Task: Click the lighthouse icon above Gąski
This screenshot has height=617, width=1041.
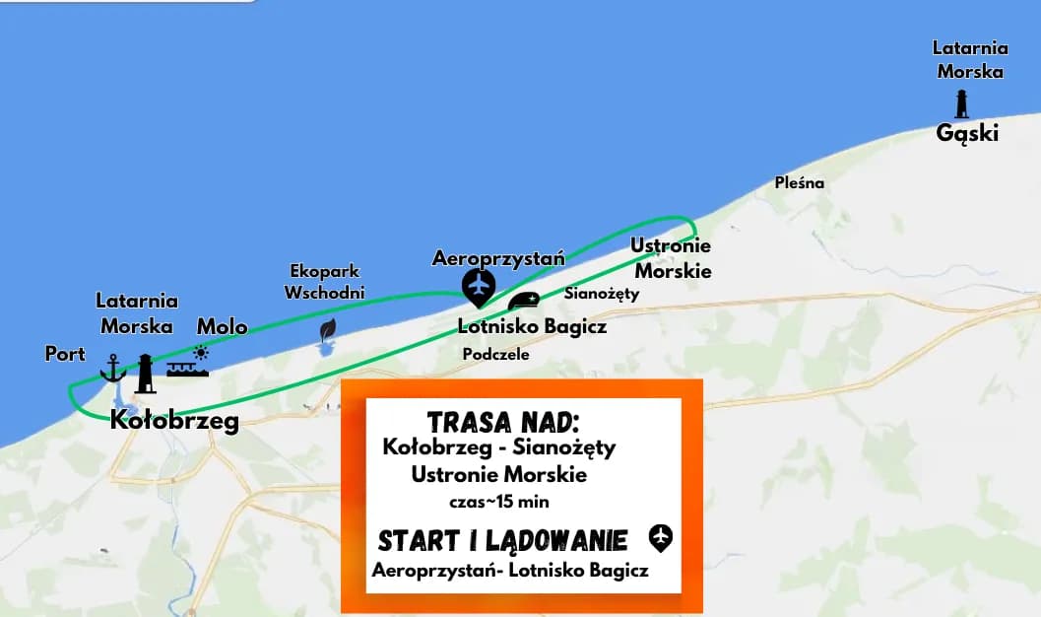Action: [x=961, y=103]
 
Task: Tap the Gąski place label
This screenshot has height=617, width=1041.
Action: [x=967, y=133]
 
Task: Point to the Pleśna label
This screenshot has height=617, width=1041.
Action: [x=799, y=182]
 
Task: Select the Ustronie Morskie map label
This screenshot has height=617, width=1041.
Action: [x=672, y=258]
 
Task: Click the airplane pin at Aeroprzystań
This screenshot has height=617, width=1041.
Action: [x=479, y=287]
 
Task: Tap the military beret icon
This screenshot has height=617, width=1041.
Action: [x=523, y=301]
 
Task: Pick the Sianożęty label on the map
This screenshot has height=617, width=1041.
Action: [x=602, y=293]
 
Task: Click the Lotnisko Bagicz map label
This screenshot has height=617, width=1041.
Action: [x=532, y=326]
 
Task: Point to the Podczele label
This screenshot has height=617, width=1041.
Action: [x=495, y=354]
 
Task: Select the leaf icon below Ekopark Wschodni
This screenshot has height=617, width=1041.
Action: [x=328, y=329]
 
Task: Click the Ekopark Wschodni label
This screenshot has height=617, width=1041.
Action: [x=324, y=281]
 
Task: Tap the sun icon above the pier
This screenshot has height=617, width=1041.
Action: [x=201, y=352]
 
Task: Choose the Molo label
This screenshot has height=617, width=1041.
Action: [x=222, y=326]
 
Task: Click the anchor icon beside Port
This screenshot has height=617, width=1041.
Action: [x=113, y=368]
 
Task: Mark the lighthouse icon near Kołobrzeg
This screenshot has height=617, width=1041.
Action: [x=146, y=374]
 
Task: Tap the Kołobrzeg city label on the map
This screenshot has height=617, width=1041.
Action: [x=174, y=421]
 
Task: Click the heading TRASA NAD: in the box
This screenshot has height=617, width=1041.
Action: [x=501, y=422]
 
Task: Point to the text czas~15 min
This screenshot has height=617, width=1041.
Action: [x=498, y=502]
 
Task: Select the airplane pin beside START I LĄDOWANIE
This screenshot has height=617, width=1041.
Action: [x=660, y=538]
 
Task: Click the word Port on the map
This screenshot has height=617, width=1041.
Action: [x=65, y=353]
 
